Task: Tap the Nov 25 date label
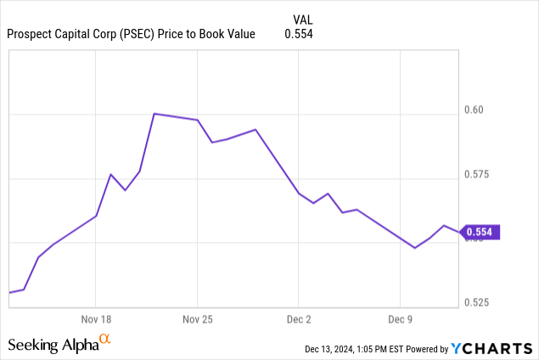coord(197,319)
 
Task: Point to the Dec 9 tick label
coord(400,319)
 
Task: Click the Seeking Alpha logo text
coord(53,345)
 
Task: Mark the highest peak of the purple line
coord(154,113)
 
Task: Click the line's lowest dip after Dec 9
coord(414,248)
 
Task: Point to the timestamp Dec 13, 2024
coord(331,349)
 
